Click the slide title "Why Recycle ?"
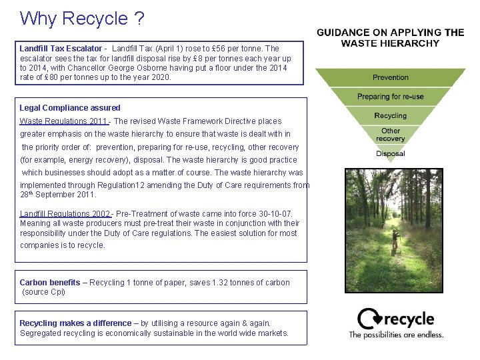(x=81, y=18)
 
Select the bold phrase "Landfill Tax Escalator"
(x=61, y=49)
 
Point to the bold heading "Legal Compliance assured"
(x=70, y=108)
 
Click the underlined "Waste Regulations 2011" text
(x=63, y=121)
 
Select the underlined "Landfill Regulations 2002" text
(x=65, y=214)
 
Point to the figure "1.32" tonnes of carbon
(x=222, y=283)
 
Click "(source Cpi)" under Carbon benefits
(x=44, y=292)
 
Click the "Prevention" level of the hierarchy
(x=391, y=78)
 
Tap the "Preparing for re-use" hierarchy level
(x=390, y=97)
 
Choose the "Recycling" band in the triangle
(x=391, y=115)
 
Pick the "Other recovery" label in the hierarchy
(x=391, y=135)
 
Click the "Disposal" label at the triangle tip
(x=391, y=154)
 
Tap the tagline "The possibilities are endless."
(x=396, y=335)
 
